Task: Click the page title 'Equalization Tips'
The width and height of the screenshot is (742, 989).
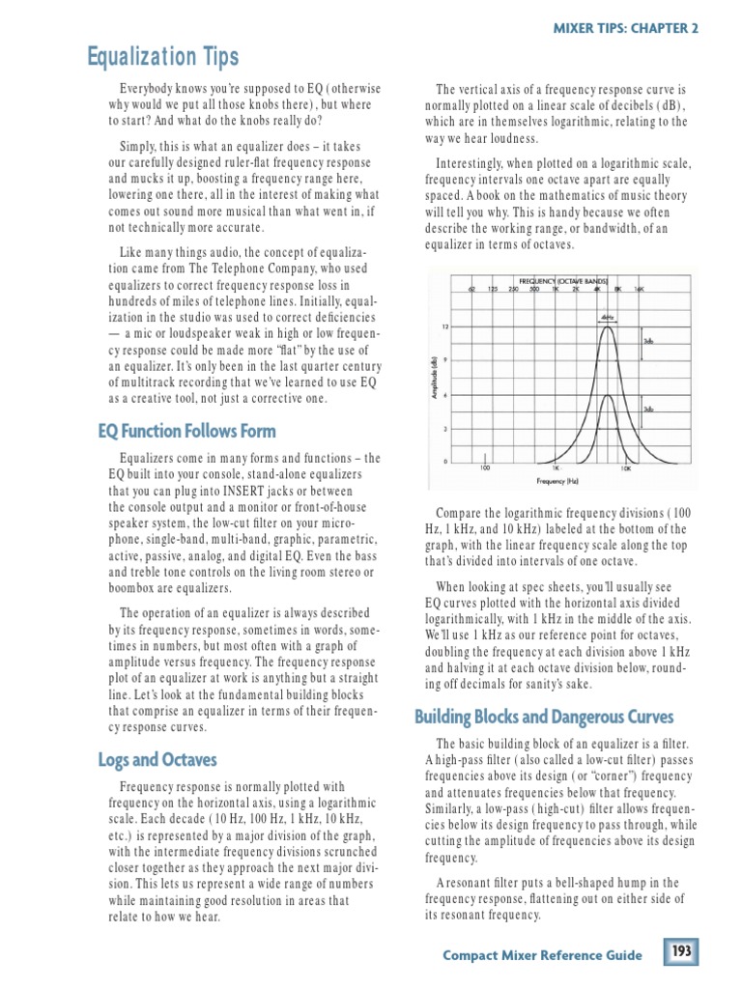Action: (x=164, y=58)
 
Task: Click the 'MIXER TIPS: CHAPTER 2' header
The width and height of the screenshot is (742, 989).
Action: (x=625, y=27)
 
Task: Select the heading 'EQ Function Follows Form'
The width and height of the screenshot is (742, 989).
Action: (x=186, y=431)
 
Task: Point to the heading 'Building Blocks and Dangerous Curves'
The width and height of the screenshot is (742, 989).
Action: (x=544, y=717)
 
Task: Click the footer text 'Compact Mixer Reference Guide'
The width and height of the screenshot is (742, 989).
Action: (x=542, y=955)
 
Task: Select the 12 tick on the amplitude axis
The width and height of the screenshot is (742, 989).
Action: (x=444, y=326)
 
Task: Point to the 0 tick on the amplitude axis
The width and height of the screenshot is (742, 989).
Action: (x=444, y=461)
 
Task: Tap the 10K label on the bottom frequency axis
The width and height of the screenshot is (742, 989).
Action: (x=625, y=468)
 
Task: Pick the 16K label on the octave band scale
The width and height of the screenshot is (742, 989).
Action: (x=639, y=289)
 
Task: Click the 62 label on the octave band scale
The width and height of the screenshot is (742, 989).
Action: (x=471, y=289)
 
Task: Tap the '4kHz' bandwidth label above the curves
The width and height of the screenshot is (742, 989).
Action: (x=607, y=315)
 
